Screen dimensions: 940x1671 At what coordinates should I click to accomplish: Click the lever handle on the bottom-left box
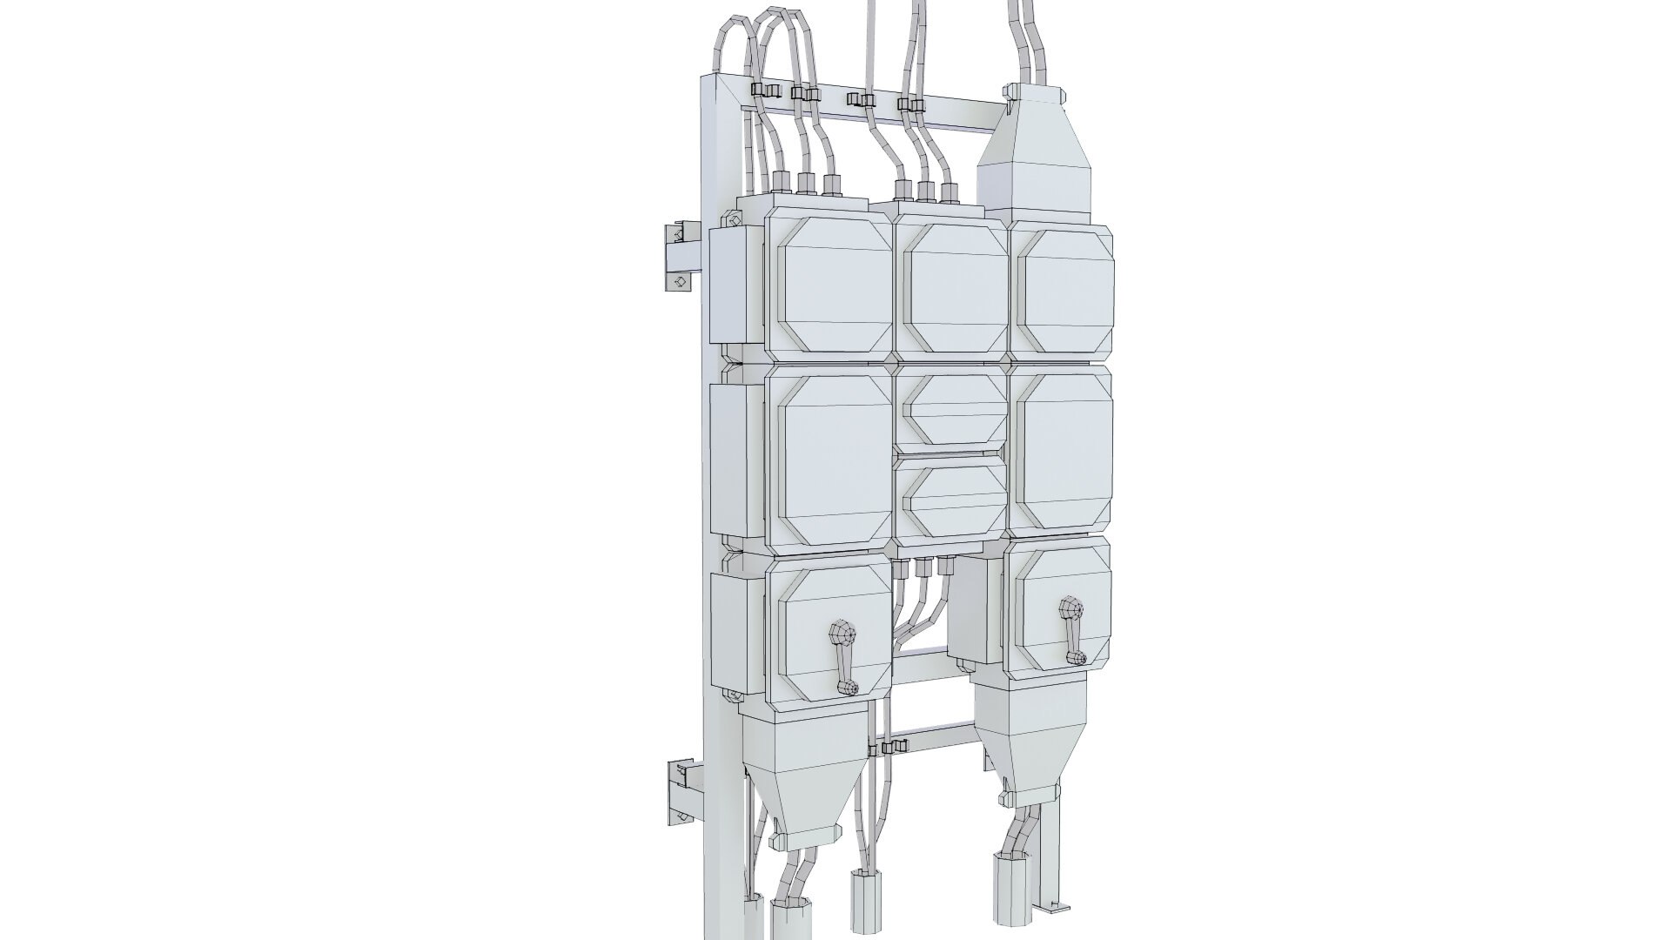[x=233, y=656]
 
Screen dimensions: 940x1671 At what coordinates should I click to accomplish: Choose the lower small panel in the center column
[x=954, y=500]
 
